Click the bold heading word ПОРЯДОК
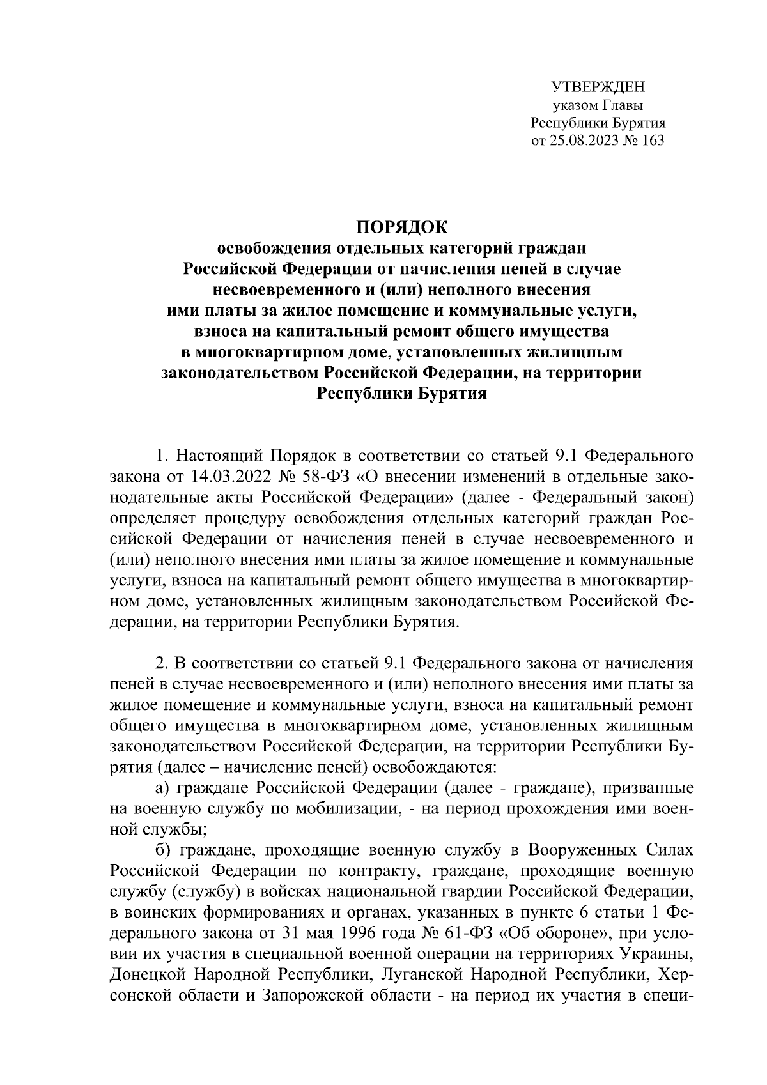[x=402, y=227]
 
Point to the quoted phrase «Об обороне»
[x=554, y=931]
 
